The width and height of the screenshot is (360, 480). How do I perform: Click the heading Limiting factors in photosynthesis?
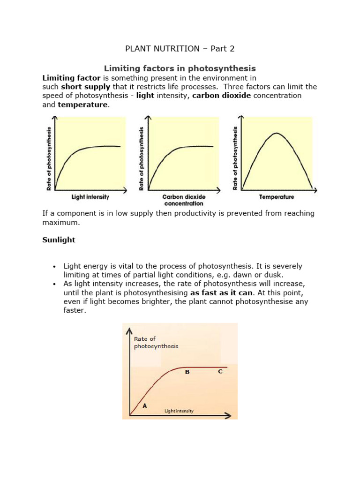pos(180,68)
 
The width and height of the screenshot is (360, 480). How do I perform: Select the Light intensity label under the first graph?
pos(90,197)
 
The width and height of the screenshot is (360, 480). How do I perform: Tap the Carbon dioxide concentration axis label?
pos(183,200)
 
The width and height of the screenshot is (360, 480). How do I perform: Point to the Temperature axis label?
pos(277,197)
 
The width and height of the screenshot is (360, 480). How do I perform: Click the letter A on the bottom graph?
pos(144,406)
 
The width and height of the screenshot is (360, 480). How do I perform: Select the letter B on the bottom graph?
pos(187,372)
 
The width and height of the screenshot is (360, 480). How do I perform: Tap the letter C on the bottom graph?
pos(220,371)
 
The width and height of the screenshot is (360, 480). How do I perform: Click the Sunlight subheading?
pos(59,240)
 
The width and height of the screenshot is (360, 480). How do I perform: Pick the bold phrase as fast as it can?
pos(220,292)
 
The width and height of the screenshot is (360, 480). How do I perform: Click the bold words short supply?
pos(85,87)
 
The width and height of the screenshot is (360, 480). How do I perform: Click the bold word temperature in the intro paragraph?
pos(82,105)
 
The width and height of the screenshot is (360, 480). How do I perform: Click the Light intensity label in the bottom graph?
pos(179,411)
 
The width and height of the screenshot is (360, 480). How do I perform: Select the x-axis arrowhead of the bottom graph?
pos(228,415)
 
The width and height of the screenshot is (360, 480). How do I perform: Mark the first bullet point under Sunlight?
pos(54,266)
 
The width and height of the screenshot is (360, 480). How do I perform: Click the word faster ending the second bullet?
pos(75,310)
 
